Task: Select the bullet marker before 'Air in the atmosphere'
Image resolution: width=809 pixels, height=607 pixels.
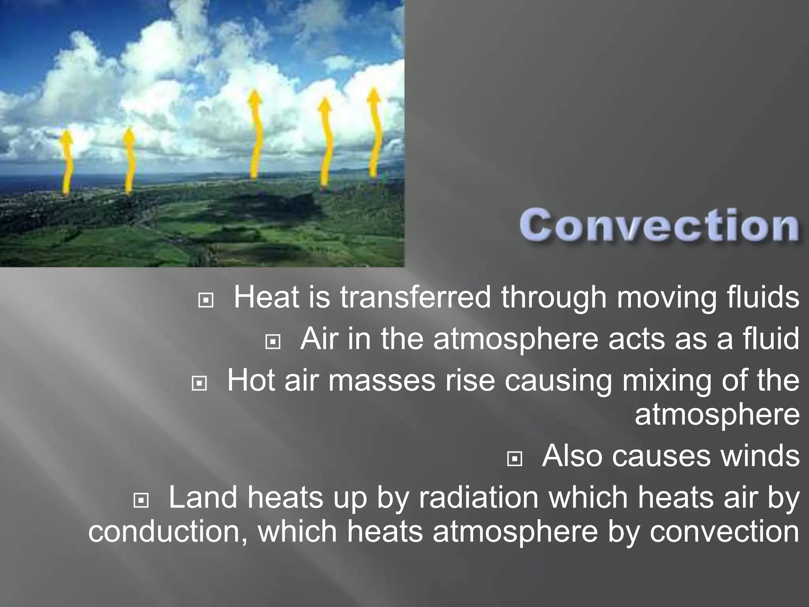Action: [x=273, y=342]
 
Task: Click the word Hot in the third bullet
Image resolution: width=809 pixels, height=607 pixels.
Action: [x=251, y=381]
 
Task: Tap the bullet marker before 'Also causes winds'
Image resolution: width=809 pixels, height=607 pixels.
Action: [x=514, y=459]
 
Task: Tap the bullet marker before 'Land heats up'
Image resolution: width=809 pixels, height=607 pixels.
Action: [x=141, y=501]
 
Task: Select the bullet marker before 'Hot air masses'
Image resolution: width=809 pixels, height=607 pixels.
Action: [x=199, y=383]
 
